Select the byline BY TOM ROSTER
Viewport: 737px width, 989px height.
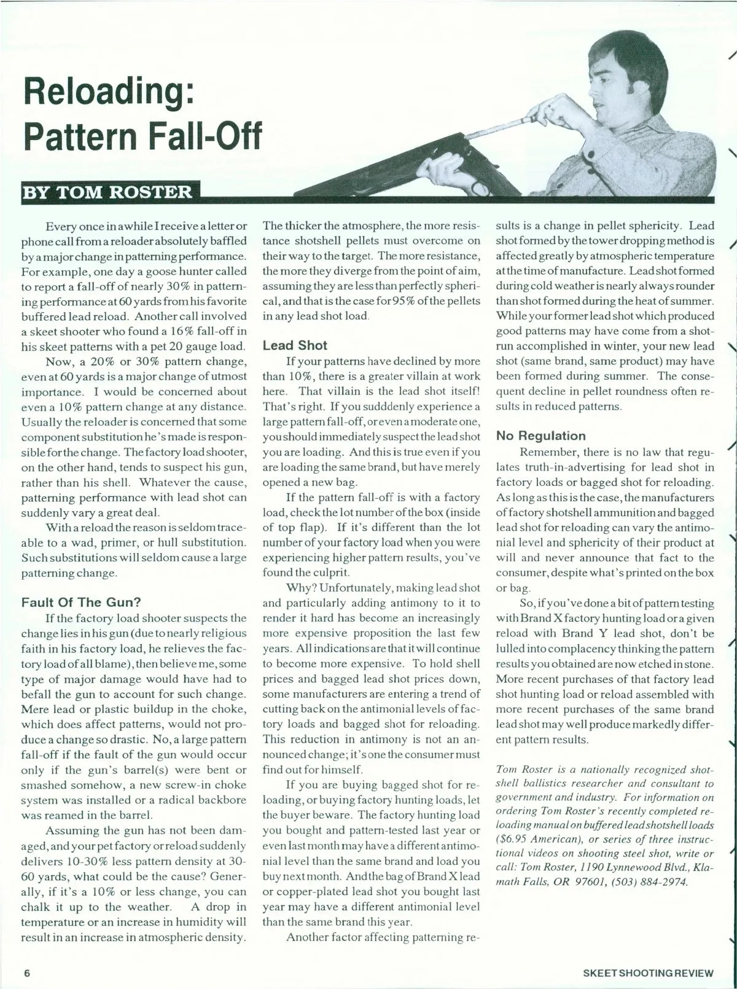(107, 192)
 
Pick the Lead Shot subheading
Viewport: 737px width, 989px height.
(295, 345)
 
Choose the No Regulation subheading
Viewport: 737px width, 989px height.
(540, 436)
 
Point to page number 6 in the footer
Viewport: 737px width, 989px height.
(27, 972)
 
